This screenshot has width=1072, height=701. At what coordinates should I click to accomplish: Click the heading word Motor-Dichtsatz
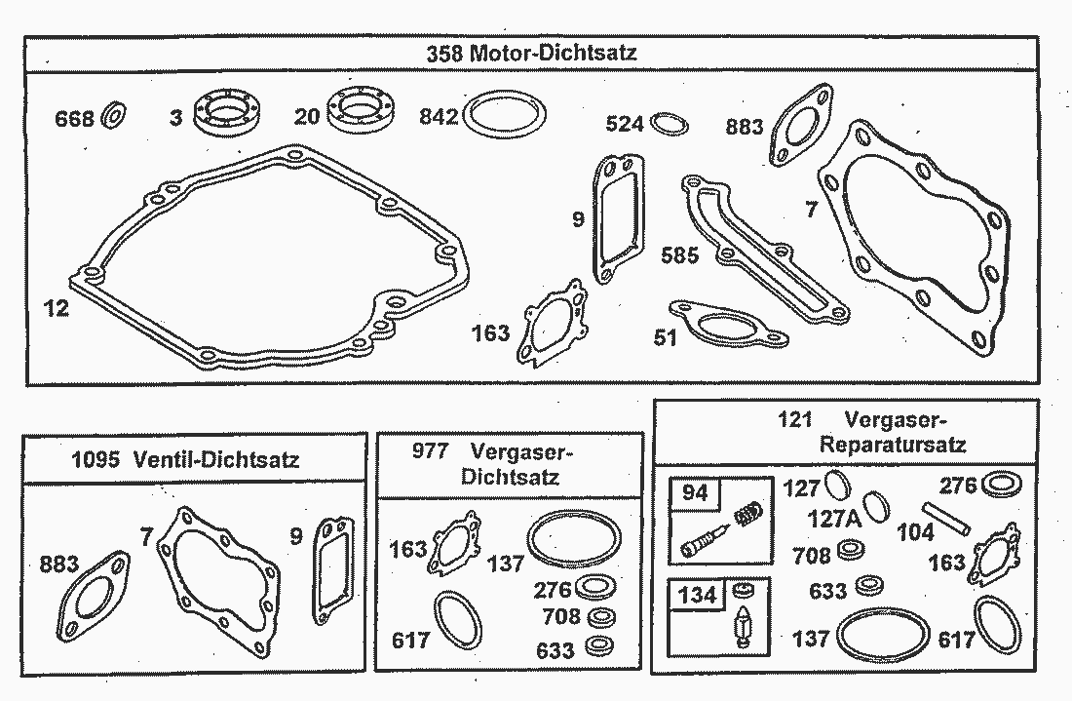click(554, 53)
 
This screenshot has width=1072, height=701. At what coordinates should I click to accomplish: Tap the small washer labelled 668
click(113, 116)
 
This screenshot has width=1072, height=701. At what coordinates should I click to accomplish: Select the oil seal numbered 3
click(226, 111)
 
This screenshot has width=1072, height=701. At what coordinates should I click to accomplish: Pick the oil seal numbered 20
click(361, 109)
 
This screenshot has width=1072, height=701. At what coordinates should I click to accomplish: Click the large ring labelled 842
click(505, 113)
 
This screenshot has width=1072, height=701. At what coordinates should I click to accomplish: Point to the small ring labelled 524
click(670, 125)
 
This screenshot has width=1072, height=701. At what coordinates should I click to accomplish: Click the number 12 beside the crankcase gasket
click(57, 308)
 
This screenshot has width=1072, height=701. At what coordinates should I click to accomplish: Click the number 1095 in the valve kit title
click(96, 459)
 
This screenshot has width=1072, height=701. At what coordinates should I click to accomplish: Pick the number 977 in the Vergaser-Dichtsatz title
click(430, 451)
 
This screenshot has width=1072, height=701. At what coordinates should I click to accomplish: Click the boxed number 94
click(695, 492)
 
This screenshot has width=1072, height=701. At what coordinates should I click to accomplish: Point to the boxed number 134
click(697, 595)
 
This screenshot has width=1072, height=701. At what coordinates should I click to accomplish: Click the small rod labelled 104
click(945, 519)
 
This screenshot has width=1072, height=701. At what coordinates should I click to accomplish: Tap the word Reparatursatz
click(892, 445)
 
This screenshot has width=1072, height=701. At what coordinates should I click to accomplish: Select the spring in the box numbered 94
click(748, 513)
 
